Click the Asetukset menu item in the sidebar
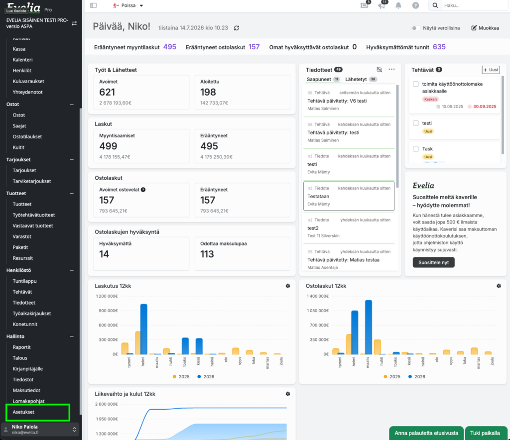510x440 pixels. pyautogui.click(x=23, y=412)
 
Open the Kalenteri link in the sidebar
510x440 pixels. pyautogui.click(x=22, y=59)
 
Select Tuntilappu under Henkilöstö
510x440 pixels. pyautogui.click(x=24, y=281)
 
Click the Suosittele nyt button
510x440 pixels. pyautogui.click(x=433, y=262)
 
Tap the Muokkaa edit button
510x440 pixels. pyautogui.click(x=485, y=28)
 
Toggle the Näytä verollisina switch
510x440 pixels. pyautogui.click(x=415, y=28)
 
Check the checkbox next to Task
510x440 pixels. pyautogui.click(x=416, y=148)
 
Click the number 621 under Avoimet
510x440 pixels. pyautogui.click(x=107, y=92)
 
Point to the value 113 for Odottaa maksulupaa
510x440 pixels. pyautogui.click(x=207, y=254)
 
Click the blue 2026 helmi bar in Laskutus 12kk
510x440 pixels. pyautogui.click(x=143, y=329)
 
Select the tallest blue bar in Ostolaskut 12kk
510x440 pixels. pyautogui.click(x=369, y=327)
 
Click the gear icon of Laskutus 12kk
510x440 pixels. pyautogui.click(x=287, y=286)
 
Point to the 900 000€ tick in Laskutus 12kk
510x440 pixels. pyautogui.click(x=108, y=311)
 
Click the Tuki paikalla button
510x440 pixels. pyautogui.click(x=485, y=433)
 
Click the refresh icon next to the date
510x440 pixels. pyautogui.click(x=237, y=28)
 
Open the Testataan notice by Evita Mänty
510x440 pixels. pyautogui.click(x=349, y=196)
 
